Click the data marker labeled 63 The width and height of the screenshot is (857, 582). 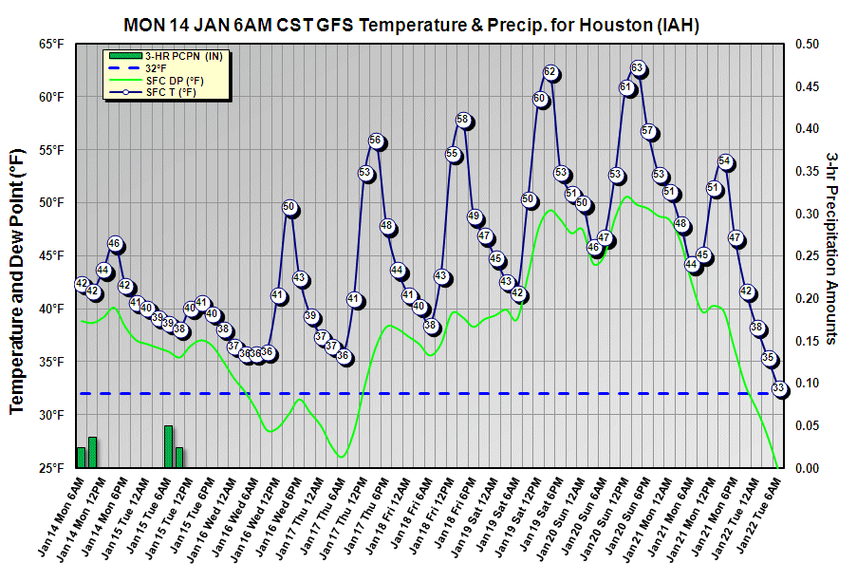(x=638, y=68)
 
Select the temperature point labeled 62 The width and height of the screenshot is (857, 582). (x=550, y=72)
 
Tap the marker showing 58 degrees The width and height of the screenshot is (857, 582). (x=463, y=120)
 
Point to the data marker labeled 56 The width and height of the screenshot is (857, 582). (x=376, y=141)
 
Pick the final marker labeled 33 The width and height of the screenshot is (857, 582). (x=779, y=388)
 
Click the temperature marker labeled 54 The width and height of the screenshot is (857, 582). (x=725, y=161)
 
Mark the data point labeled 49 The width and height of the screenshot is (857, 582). (x=475, y=216)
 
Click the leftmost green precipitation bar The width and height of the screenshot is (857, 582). (x=81, y=457)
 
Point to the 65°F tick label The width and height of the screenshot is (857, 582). (x=51, y=44)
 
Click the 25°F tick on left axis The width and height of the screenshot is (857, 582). (x=51, y=468)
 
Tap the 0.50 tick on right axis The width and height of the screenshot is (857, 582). (x=807, y=44)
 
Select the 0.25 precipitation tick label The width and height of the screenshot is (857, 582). (x=807, y=255)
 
